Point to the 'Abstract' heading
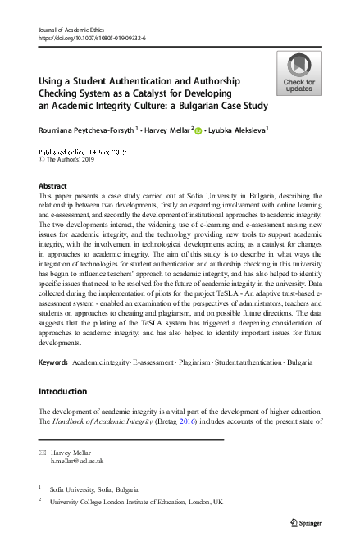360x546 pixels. pyautogui.click(x=53, y=186)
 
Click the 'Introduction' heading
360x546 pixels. pyautogui.click(x=67, y=392)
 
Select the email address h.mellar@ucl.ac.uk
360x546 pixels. pyautogui.click(x=78, y=462)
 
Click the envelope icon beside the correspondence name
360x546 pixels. pyautogui.click(x=43, y=452)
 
